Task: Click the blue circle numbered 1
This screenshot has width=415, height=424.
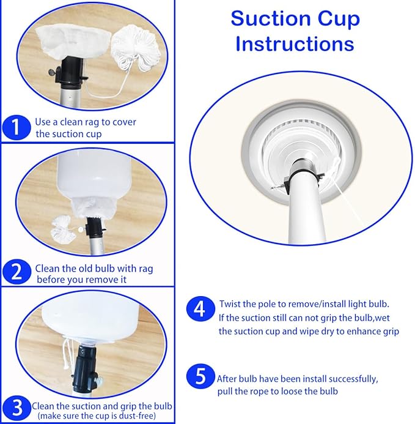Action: (17, 127)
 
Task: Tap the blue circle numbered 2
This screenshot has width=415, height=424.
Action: (17, 272)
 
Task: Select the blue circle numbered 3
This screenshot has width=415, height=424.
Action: (17, 407)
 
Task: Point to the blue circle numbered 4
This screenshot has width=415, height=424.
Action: (200, 309)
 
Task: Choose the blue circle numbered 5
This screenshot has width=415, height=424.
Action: (200, 376)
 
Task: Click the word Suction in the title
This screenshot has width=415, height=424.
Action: (271, 19)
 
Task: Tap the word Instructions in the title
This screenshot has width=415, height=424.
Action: (295, 44)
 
